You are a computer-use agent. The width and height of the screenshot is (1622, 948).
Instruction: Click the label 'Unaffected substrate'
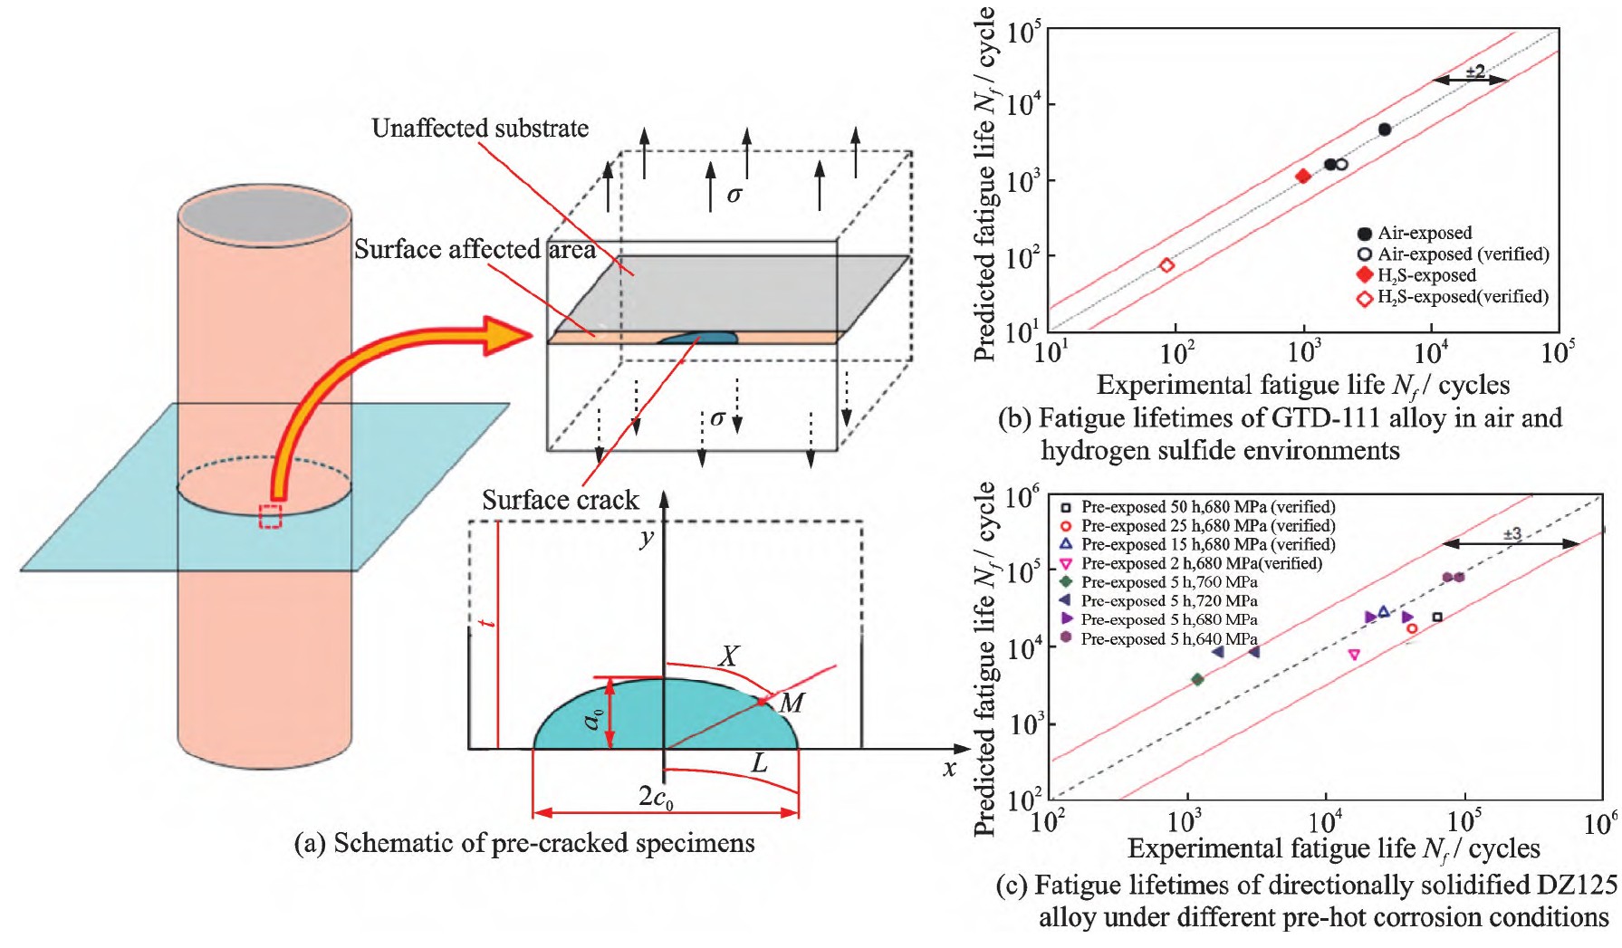pos(480,129)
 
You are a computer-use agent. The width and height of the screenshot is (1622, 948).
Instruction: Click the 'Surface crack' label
pos(560,500)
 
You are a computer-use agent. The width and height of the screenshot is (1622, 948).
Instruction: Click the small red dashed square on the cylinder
pos(270,516)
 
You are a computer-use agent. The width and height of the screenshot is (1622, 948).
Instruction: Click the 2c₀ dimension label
pos(656,798)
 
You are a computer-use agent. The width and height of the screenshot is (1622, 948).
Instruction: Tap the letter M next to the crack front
pos(792,702)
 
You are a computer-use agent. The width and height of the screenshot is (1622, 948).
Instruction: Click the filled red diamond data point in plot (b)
pos(1303,177)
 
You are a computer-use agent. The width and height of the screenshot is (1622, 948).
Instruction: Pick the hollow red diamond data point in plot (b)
pos(1166,265)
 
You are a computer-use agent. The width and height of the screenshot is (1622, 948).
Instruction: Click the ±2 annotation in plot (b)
pos(1474,71)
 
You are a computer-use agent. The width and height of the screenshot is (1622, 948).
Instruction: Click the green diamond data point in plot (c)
pos(1197,679)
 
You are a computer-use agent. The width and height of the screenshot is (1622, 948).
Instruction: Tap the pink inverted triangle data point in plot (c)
pos(1354,655)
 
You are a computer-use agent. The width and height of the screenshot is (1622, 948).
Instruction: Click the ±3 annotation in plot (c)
pos(1512,534)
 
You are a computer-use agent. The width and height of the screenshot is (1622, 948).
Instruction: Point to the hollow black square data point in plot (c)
pos(1437,618)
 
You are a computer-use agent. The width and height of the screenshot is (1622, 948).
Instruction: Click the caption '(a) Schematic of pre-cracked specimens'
pos(525,844)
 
